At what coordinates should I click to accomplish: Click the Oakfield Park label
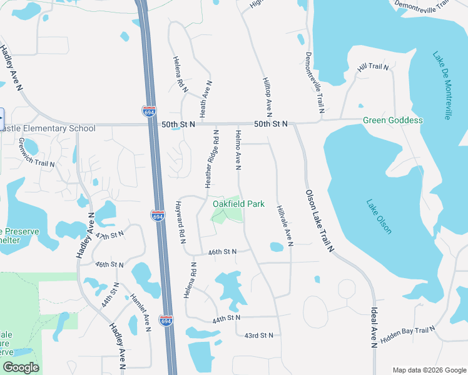238,204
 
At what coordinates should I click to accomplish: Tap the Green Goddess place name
393,120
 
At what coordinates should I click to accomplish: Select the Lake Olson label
379,216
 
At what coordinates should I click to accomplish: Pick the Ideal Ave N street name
374,326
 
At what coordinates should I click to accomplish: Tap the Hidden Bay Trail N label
407,334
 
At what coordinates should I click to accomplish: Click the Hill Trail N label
373,67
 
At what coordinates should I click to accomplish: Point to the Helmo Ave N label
238,150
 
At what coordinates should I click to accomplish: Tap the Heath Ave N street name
205,99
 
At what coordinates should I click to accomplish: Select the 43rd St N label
258,336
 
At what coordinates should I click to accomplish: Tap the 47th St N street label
110,235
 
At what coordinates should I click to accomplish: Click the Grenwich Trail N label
36,153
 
